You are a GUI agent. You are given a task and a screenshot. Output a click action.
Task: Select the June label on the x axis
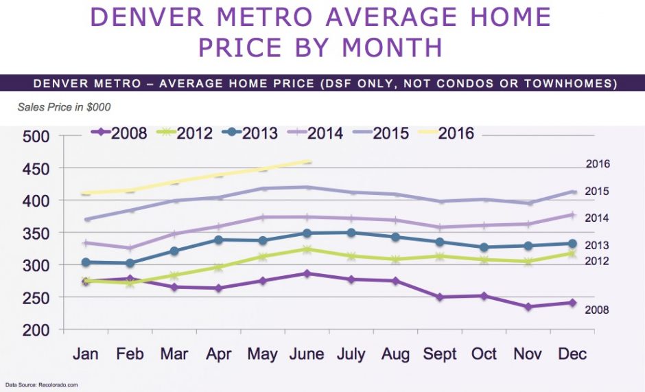(307, 354)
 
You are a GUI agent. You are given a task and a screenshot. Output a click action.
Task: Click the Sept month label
(440, 354)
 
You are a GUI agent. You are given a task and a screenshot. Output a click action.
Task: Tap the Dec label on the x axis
(573, 354)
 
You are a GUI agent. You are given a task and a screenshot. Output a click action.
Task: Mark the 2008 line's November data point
(528, 307)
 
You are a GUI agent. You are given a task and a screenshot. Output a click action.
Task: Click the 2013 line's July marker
(351, 233)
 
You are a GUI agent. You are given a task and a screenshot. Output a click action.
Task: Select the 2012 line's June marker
(307, 249)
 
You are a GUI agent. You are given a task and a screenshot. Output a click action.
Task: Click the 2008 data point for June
(307, 273)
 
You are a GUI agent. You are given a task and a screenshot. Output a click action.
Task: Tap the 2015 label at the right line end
(597, 192)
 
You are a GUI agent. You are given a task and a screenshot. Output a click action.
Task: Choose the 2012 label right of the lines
(597, 262)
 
